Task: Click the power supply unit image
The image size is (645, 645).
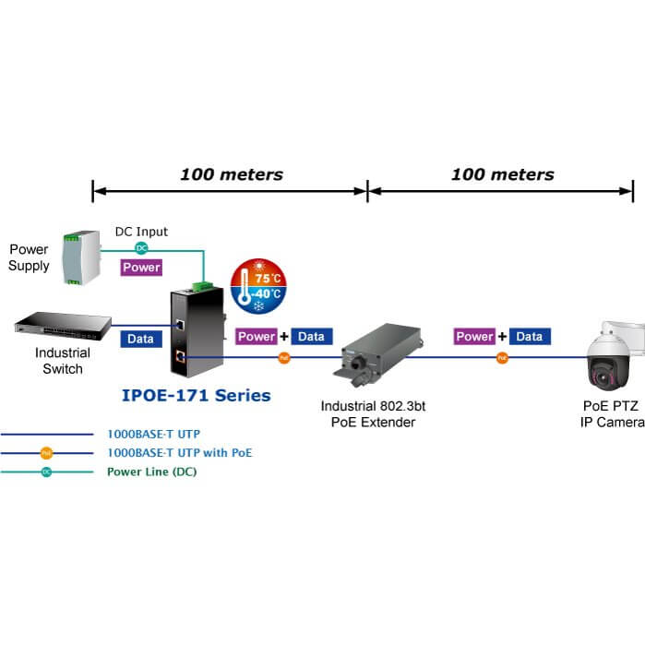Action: pos(78,257)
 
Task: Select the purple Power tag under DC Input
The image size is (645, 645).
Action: pos(141,268)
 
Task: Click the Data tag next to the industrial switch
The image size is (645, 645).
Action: pos(140,339)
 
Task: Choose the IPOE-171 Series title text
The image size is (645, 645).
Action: pos(196,396)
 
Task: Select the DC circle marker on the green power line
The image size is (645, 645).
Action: pos(141,247)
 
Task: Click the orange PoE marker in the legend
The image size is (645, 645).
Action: pos(46,453)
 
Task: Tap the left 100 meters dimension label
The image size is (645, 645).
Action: pos(232,173)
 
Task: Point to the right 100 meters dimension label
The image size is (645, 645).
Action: pos(503,173)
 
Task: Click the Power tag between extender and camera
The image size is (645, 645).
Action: pos(474,337)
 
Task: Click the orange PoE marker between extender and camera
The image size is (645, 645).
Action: pos(502,357)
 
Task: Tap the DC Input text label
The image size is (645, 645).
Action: pos(141,232)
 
